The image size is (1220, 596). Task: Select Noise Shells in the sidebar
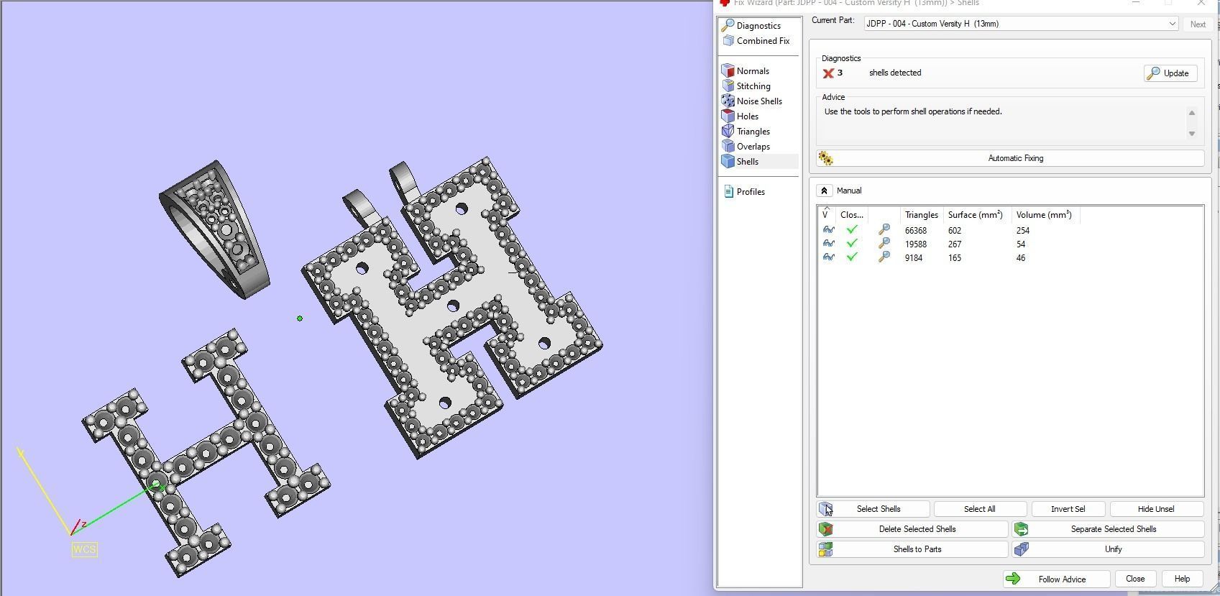pos(758,101)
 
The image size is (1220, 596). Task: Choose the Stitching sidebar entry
pos(753,86)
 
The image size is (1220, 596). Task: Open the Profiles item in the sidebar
pos(750,192)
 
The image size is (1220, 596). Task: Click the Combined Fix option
pos(762,41)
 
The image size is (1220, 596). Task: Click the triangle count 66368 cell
pos(915,231)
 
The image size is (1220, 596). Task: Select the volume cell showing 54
pos(1020,244)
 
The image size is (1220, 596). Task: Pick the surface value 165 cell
pos(954,258)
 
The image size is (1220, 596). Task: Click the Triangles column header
pos(921,215)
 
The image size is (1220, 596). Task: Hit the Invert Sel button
pos(1068,509)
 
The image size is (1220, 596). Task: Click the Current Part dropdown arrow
pos(1172,24)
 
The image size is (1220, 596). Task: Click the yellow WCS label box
pos(84,549)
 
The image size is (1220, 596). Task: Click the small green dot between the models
pos(300,318)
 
